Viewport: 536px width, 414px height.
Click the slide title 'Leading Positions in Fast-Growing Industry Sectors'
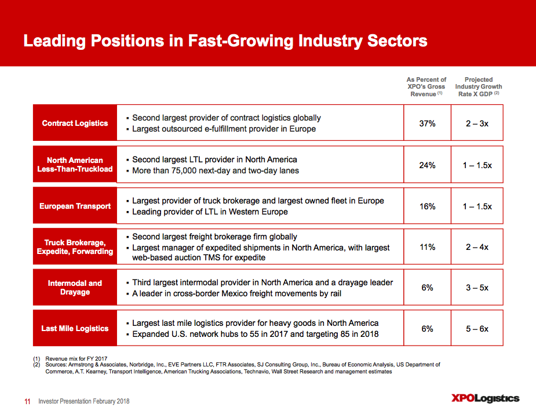pyautogui.click(x=225, y=41)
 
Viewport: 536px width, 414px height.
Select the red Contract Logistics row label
pyautogui.click(x=75, y=123)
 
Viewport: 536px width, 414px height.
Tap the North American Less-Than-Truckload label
pyautogui.click(x=75, y=165)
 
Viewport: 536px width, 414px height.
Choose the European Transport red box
pyautogui.click(x=75, y=206)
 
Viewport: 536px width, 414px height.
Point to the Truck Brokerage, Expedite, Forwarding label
pyautogui.click(x=75, y=247)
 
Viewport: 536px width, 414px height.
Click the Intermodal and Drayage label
pyautogui.click(x=75, y=288)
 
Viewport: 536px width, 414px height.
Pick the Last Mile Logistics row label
pyautogui.click(x=75, y=328)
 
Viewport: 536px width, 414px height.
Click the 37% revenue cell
pyautogui.click(x=426, y=124)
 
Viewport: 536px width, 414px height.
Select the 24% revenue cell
pyautogui.click(x=426, y=165)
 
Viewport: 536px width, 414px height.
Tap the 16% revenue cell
pyautogui.click(x=426, y=206)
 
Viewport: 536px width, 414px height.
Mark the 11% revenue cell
pyautogui.click(x=426, y=247)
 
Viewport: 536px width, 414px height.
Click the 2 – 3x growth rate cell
pyautogui.click(x=477, y=124)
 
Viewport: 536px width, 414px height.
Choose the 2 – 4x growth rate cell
pyautogui.click(x=477, y=247)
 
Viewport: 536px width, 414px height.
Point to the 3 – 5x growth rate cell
pyautogui.click(x=477, y=288)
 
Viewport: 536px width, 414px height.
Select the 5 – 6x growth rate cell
pyautogui.click(x=477, y=329)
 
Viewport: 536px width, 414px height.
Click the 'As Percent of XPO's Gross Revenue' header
pyautogui.click(x=426, y=86)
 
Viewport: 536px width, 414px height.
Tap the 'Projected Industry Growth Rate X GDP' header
pyautogui.click(x=478, y=86)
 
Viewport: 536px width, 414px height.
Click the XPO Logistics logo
pyautogui.click(x=485, y=398)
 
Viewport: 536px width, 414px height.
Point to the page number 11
pyautogui.click(x=27, y=401)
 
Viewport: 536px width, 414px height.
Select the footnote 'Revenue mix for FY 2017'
pyautogui.click(x=76, y=358)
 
